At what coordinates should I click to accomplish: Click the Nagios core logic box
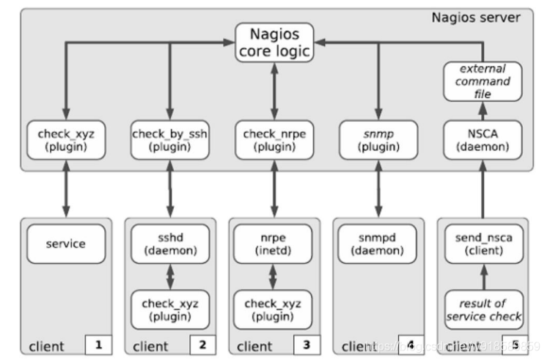click(273, 42)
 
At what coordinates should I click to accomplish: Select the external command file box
click(482, 81)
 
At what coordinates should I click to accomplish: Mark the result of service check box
click(482, 309)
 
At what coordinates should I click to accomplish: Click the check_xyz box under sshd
click(170, 309)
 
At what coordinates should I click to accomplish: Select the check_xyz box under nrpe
click(273, 309)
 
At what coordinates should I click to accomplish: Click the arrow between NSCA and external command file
click(482, 111)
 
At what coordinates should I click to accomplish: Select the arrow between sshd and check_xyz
click(170, 277)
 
